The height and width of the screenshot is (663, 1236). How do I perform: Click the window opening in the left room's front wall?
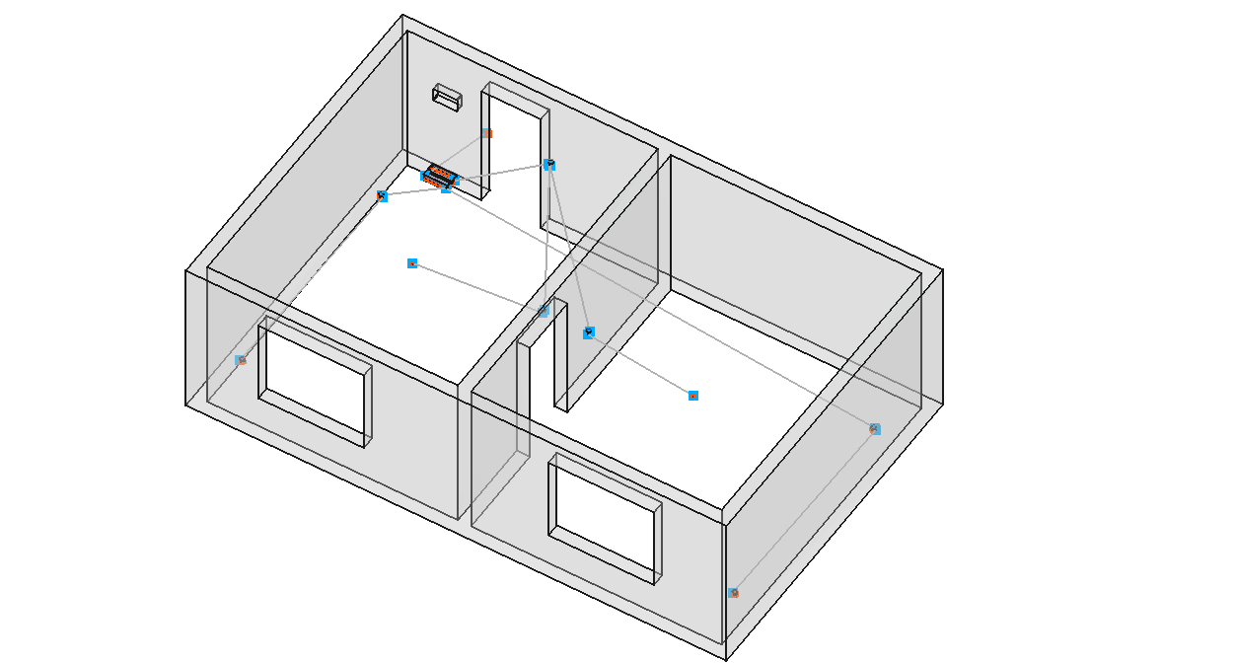pyautogui.click(x=314, y=380)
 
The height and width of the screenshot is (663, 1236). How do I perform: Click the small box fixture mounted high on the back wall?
pyautogui.click(x=447, y=97)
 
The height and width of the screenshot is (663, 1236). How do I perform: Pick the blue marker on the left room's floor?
pyautogui.click(x=412, y=263)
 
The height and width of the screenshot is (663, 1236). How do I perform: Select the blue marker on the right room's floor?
pyautogui.click(x=693, y=396)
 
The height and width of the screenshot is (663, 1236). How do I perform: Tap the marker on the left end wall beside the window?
pyautogui.click(x=240, y=360)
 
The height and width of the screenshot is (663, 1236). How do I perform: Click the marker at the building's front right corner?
pyautogui.click(x=733, y=593)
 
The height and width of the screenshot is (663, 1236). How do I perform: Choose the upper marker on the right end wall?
pyautogui.click(x=875, y=429)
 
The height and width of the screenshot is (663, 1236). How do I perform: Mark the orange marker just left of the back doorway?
pyautogui.click(x=487, y=133)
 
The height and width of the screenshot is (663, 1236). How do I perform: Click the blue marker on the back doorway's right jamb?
pyautogui.click(x=549, y=165)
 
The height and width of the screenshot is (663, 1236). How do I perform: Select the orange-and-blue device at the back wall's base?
pyautogui.click(x=439, y=178)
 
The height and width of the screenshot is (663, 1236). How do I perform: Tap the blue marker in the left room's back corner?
pyautogui.click(x=382, y=196)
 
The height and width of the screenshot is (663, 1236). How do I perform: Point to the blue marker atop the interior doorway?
pyautogui.click(x=544, y=311)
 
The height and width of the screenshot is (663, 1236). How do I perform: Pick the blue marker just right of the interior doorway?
pyautogui.click(x=589, y=332)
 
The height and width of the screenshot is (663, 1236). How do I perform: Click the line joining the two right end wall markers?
pyautogui.click(x=804, y=511)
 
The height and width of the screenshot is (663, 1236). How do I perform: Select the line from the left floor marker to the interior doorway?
pyautogui.click(x=477, y=287)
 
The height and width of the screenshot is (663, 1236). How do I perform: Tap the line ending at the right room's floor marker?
pyautogui.click(x=641, y=364)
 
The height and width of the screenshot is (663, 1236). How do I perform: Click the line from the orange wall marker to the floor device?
pyautogui.click(x=464, y=152)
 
